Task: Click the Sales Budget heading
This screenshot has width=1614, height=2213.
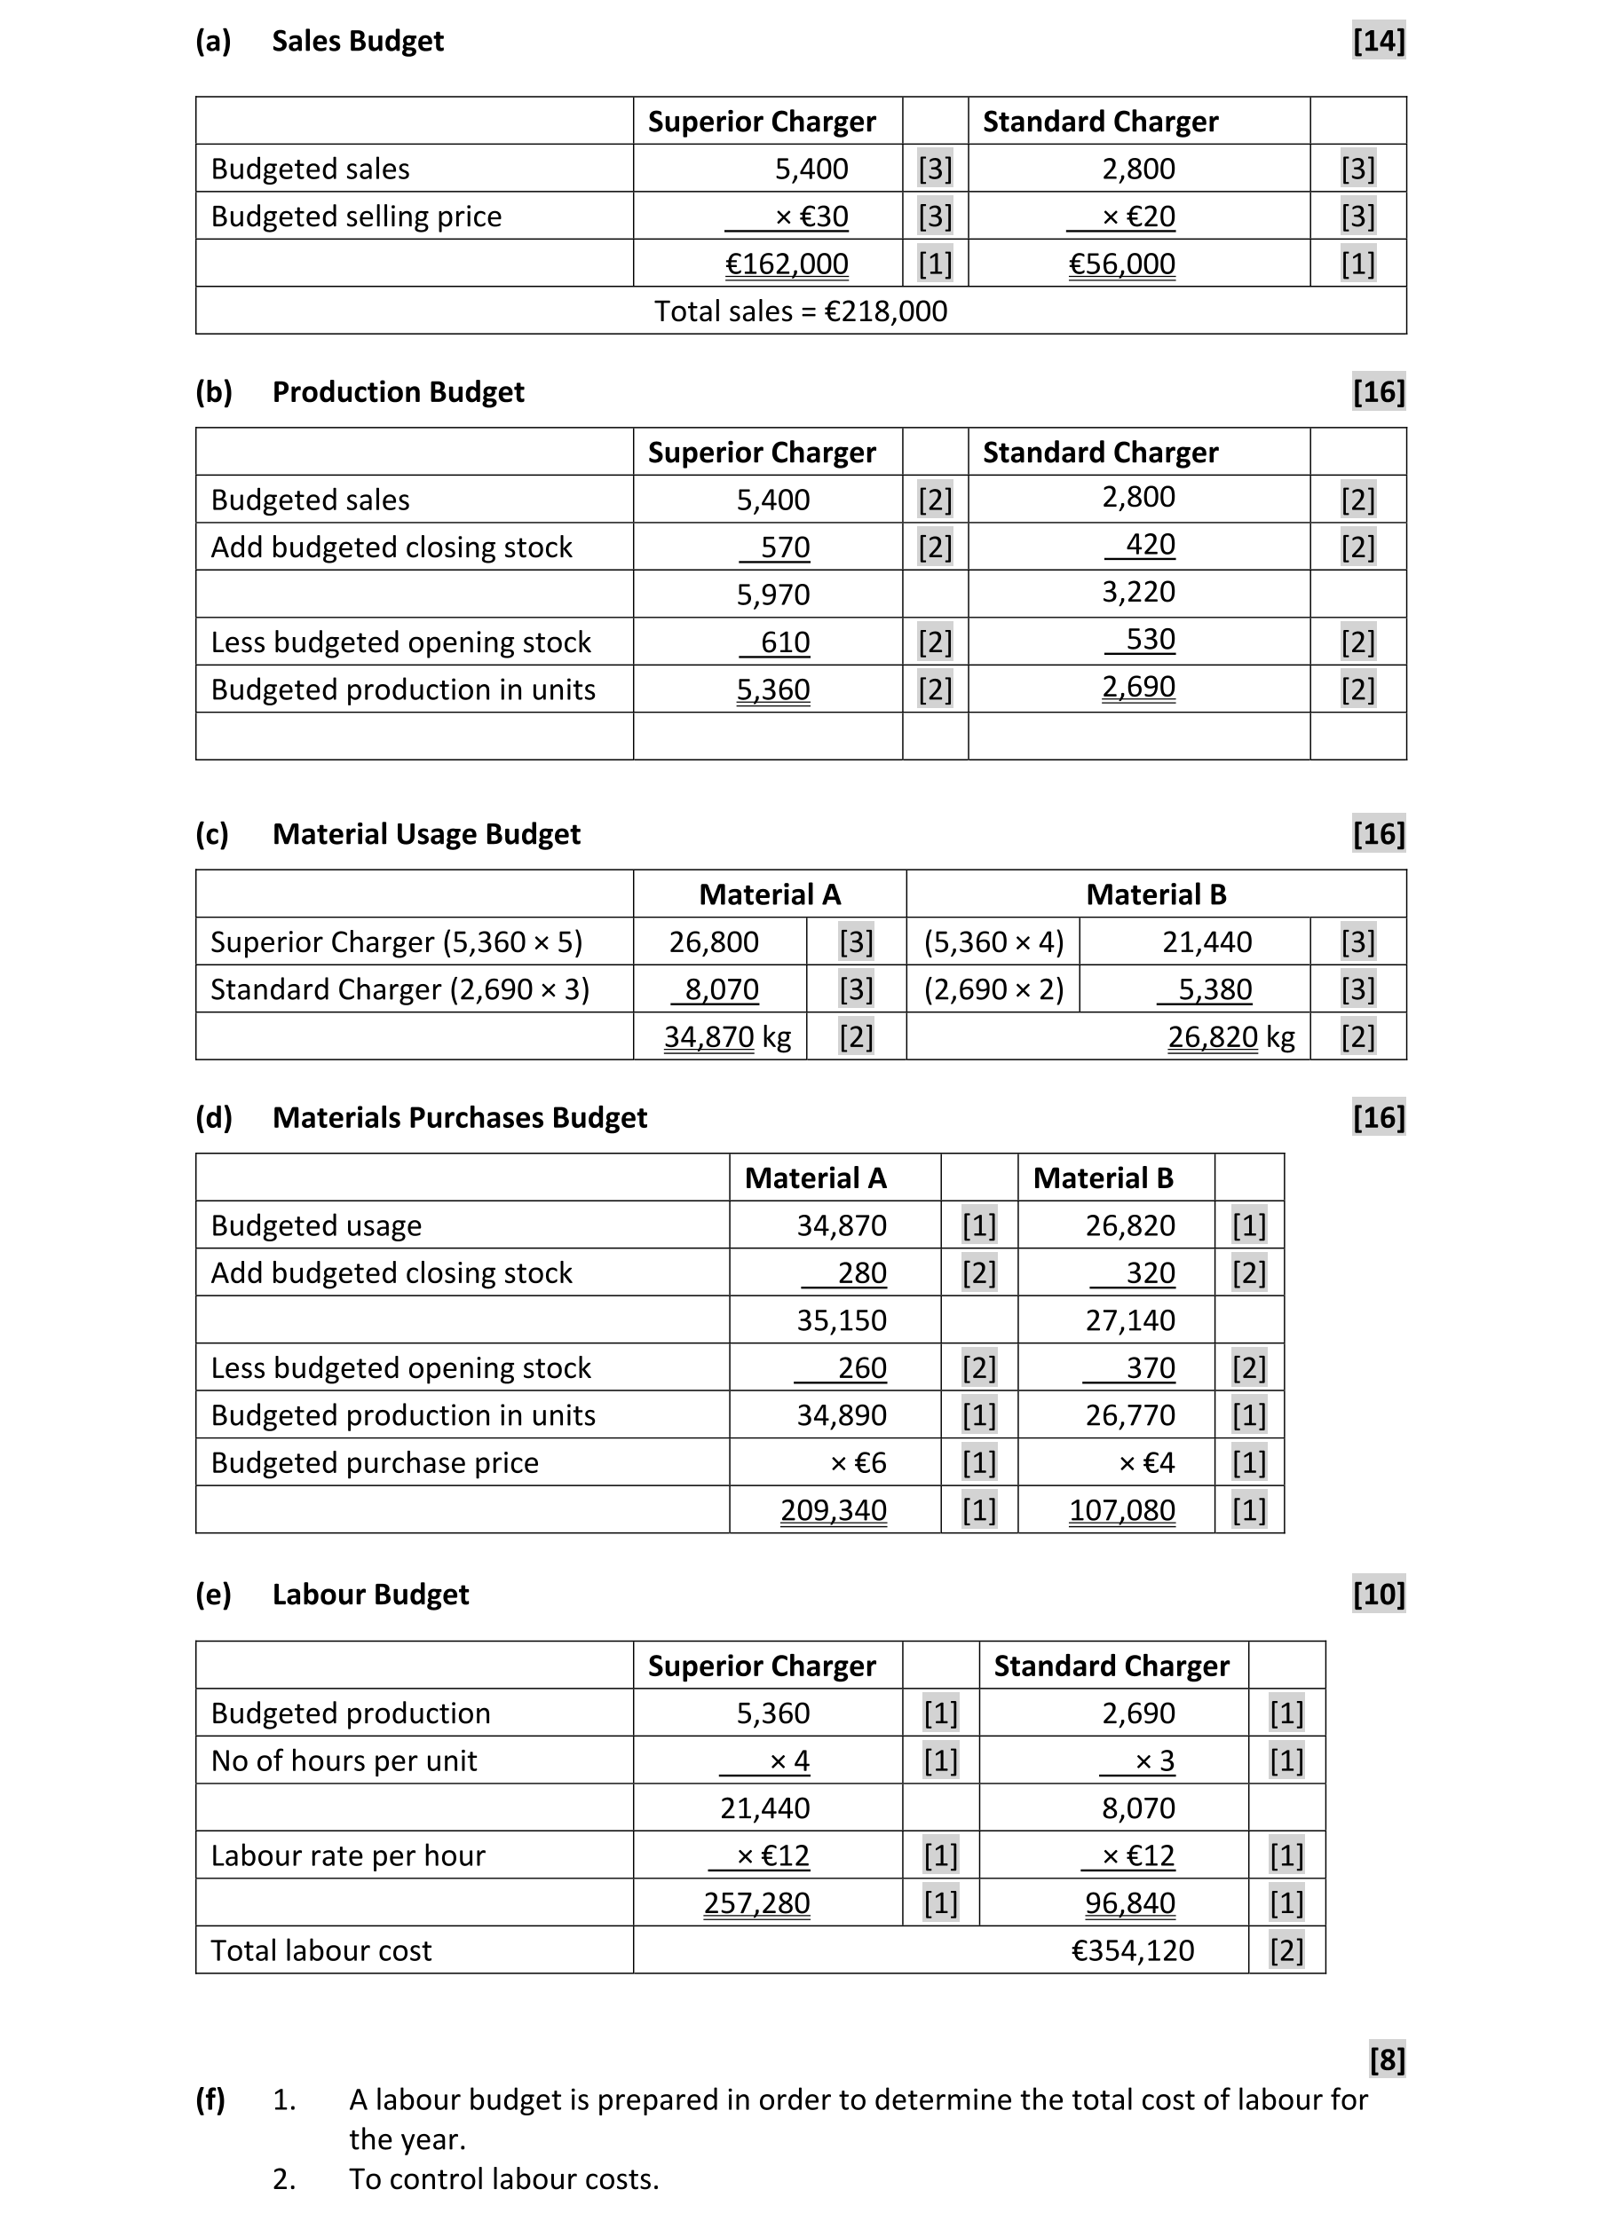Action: (357, 41)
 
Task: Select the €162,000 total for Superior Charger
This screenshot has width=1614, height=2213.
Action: (787, 264)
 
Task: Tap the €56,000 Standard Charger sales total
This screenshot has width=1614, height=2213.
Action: (1121, 264)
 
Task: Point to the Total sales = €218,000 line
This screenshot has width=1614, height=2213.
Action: (800, 311)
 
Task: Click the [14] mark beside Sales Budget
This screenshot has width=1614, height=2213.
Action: (1379, 41)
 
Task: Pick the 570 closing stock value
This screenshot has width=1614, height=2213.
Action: (785, 547)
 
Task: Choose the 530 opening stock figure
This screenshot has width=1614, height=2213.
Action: (1150, 640)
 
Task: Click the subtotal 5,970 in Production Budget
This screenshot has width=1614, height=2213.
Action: (772, 594)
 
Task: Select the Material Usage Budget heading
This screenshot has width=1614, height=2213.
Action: (426, 834)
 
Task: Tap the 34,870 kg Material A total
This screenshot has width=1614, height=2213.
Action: (727, 1036)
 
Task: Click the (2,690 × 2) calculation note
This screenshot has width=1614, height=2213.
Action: (993, 989)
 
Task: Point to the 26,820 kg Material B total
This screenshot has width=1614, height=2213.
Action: (1231, 1036)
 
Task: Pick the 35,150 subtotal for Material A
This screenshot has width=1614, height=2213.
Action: (842, 1320)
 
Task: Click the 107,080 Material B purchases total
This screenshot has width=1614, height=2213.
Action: (1121, 1510)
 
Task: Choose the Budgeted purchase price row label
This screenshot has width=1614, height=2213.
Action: (374, 1463)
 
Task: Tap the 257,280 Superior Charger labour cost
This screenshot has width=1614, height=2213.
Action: (756, 1903)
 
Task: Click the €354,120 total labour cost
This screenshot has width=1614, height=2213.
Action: (1132, 1950)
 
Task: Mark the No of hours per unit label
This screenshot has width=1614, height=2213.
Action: (344, 1760)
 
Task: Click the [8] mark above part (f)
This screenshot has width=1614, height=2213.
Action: (1387, 2059)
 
